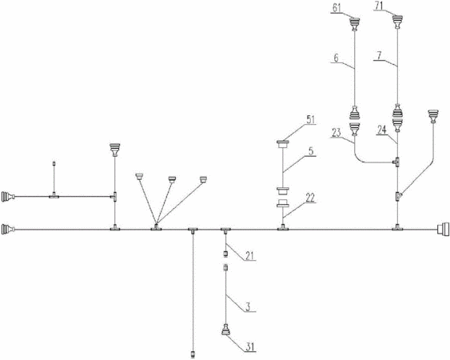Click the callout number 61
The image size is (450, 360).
[337, 8]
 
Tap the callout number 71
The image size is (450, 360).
[379, 6]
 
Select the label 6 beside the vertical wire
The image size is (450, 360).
[336, 58]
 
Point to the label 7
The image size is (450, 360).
[379, 55]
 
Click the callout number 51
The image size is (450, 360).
[310, 119]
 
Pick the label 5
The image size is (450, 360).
[311, 151]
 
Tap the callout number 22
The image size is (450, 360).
[310, 198]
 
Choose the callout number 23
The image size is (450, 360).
[337, 133]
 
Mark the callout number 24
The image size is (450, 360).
[382, 130]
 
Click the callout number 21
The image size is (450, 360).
[250, 255]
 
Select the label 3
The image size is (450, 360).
[248, 306]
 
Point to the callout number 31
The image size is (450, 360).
[249, 347]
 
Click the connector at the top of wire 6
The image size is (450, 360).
[355, 24]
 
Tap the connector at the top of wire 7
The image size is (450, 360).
[397, 22]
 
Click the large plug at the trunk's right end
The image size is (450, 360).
[443, 230]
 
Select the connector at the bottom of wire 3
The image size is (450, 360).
[226, 330]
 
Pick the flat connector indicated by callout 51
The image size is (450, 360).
[284, 144]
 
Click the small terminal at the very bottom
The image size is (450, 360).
[193, 354]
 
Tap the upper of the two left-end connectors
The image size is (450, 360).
[8, 197]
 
